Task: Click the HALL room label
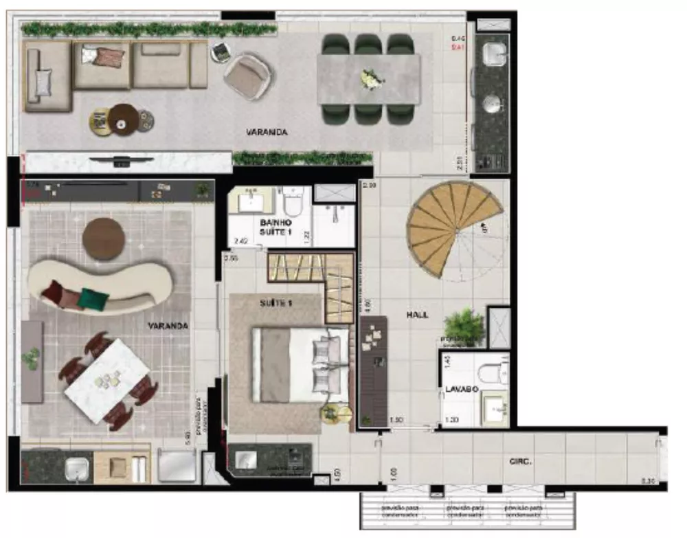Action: pos(416,315)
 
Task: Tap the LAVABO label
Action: pos(457,388)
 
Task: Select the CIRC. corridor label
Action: pos(521,462)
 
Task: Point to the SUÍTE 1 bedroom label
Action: pos(276,303)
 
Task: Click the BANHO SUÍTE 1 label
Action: pos(275,227)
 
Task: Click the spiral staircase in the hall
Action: pos(453,227)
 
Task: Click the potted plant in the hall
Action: pos(464,325)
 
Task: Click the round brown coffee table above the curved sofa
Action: pos(104,238)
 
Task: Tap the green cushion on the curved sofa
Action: pos(93,298)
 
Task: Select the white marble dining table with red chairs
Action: pos(107,380)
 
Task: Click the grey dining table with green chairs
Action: pos(368,79)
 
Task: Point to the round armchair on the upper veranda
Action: pos(249,76)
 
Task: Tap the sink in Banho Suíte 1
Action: pos(250,201)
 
